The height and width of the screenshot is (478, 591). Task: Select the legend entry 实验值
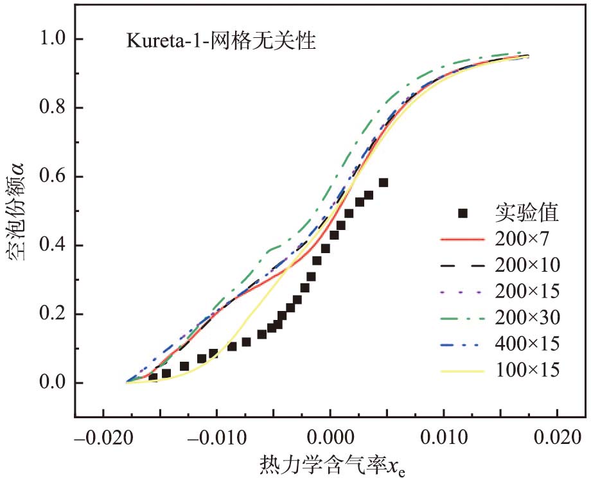tap(525, 211)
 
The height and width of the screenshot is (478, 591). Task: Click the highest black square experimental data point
tap(384, 182)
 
